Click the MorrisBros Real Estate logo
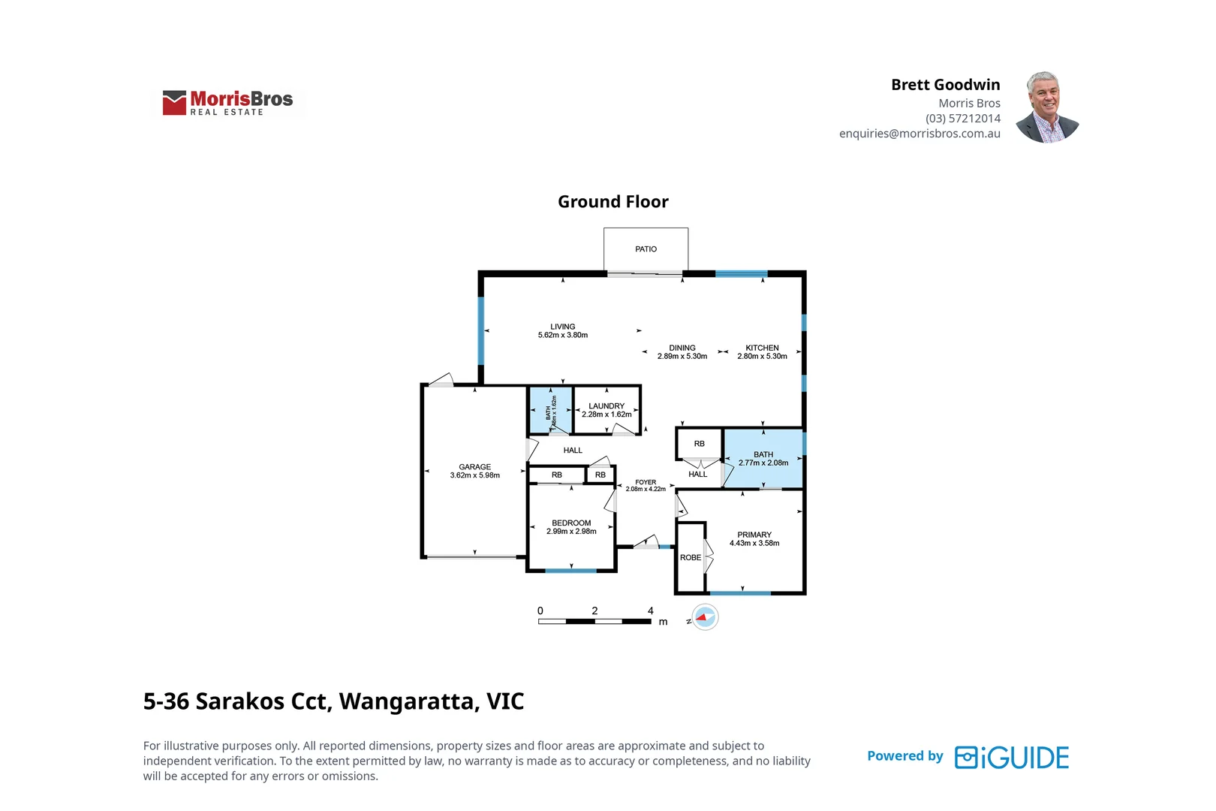(228, 103)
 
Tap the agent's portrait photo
(1047, 107)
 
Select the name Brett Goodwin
(945, 85)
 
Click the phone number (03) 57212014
(962, 119)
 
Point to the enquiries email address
(920, 134)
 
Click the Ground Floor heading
(613, 202)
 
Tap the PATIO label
(646, 249)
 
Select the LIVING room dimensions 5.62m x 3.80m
(562, 336)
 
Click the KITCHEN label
(762, 348)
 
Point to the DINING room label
(682, 348)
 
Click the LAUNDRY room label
(606, 406)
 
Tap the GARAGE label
(474, 467)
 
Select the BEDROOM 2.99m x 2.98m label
(571, 527)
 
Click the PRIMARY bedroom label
(754, 535)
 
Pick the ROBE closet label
(691, 558)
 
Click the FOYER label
(646, 482)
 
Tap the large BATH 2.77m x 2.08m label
(763, 459)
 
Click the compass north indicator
(705, 617)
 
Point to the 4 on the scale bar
(651, 611)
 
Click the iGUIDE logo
(1011, 758)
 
